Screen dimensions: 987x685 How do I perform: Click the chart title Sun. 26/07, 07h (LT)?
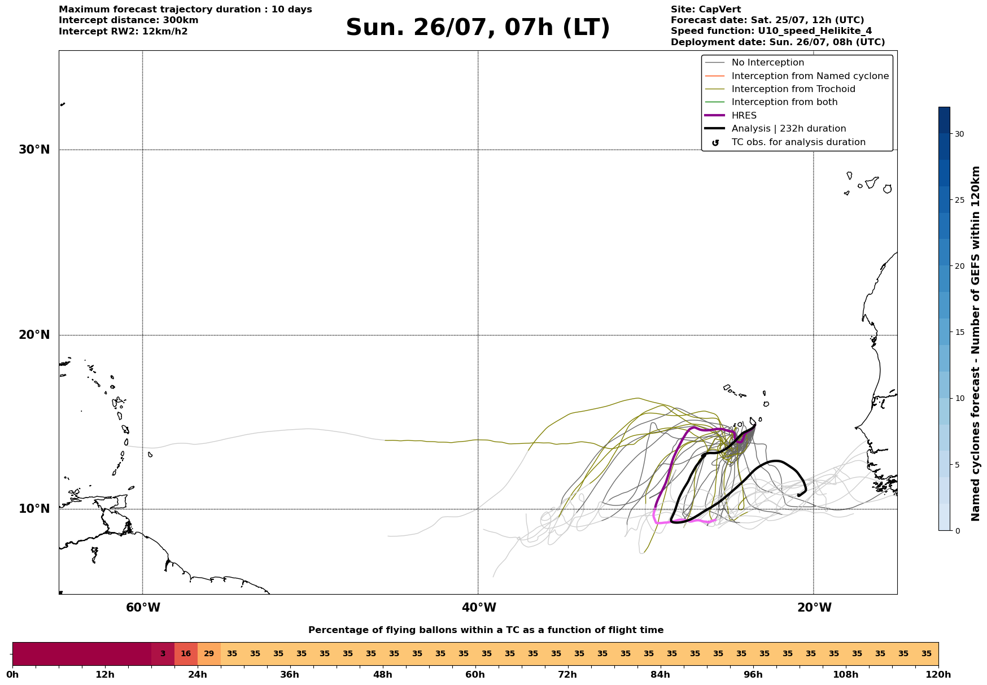478,28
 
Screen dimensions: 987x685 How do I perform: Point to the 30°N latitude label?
34,150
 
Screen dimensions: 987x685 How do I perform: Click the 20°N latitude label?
34,335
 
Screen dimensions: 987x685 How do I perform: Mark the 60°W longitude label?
143,608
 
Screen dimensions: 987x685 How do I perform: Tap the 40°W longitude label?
479,608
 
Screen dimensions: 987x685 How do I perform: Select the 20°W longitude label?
814,608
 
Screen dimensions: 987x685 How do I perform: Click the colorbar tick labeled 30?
959,134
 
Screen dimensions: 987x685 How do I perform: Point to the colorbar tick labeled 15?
959,332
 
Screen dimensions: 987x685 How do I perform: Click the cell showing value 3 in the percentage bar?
163,654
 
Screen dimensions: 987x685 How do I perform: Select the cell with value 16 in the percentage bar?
186,654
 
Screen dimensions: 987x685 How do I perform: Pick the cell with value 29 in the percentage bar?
209,654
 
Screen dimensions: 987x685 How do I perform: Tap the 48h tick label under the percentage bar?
382,674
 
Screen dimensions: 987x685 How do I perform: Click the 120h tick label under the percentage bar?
938,674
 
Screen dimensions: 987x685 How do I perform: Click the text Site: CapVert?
706,10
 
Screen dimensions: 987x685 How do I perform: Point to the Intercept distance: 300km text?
129,20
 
